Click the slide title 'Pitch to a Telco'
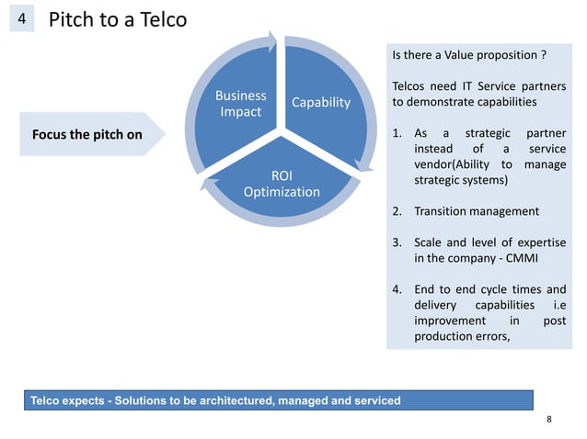(x=116, y=20)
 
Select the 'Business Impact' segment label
(x=240, y=103)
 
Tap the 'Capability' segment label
(x=321, y=102)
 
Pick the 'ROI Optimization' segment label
(x=281, y=183)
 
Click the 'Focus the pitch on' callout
(x=87, y=135)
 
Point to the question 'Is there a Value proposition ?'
(x=469, y=55)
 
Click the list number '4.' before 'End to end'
(x=397, y=289)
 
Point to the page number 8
(x=548, y=420)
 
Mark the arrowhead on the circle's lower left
(x=208, y=187)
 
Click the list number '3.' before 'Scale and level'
(x=397, y=242)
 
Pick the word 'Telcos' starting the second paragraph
(x=409, y=85)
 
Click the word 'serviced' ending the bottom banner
(x=376, y=400)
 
